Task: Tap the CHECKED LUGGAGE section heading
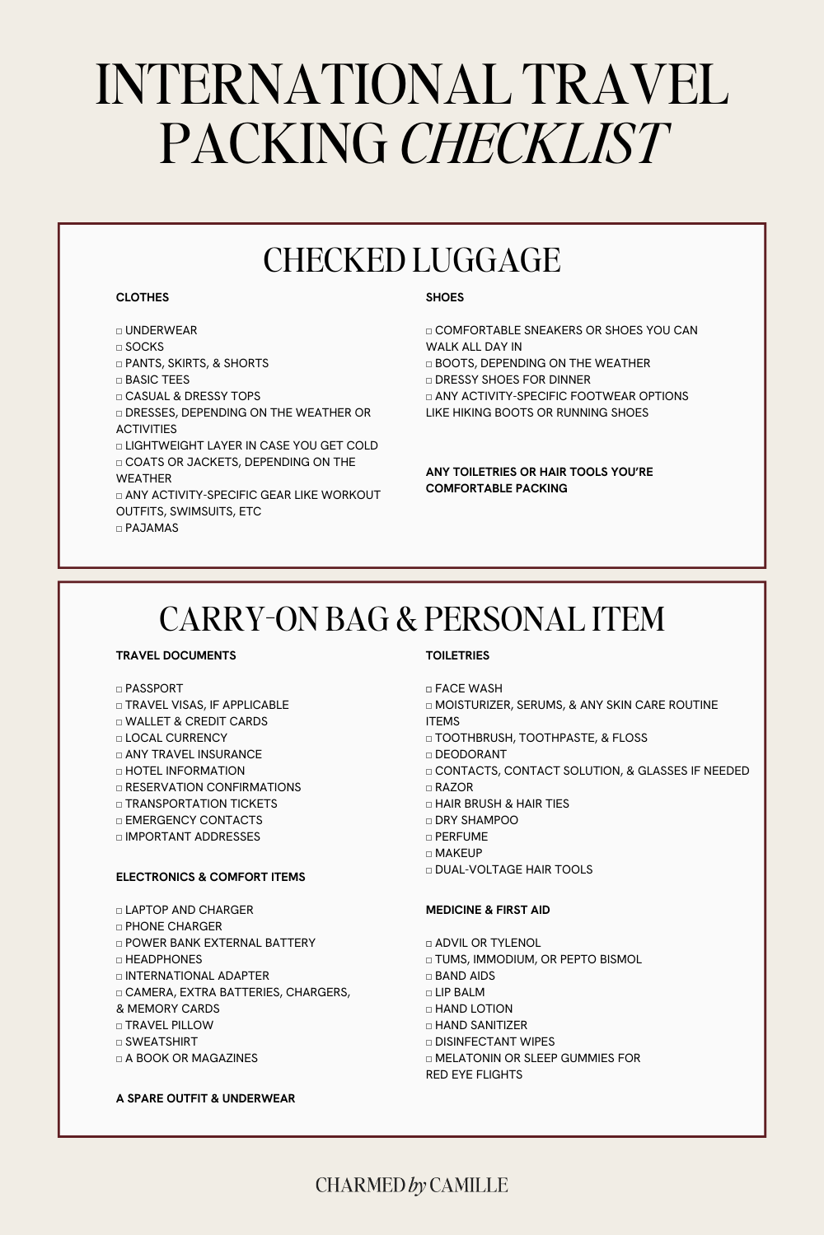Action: [411, 260]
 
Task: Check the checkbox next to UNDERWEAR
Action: [119, 331]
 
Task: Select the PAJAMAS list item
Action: [152, 528]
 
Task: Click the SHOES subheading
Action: [445, 297]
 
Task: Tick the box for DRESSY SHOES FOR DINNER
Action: [428, 380]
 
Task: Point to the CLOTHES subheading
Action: [143, 297]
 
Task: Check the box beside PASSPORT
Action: [119, 689]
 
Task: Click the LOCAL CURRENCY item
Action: [176, 738]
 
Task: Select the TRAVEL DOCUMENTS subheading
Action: [176, 655]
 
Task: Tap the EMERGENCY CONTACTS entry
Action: [194, 820]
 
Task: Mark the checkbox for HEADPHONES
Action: [119, 960]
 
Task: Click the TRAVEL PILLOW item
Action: [169, 1025]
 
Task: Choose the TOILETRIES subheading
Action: [457, 655]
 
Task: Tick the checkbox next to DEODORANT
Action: [428, 755]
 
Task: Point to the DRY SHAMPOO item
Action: [476, 820]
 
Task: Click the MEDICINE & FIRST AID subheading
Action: [488, 910]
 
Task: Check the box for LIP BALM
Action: [428, 993]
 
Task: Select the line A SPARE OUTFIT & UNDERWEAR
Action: [205, 1098]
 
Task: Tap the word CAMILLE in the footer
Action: [469, 1185]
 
